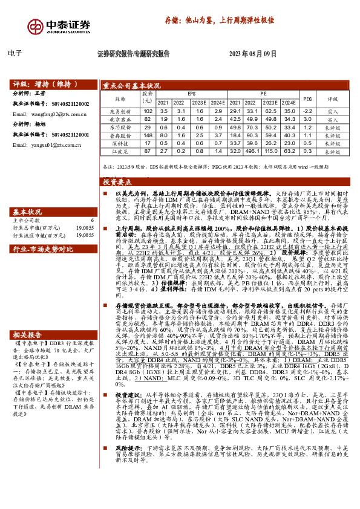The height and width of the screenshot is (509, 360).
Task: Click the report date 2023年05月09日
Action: tap(253, 54)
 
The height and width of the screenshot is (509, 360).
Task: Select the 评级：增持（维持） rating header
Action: tap(41, 85)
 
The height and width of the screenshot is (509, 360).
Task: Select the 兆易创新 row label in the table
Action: tap(120, 112)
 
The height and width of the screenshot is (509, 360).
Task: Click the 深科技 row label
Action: tap(120, 143)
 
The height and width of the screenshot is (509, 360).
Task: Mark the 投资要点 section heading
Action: tap(117, 181)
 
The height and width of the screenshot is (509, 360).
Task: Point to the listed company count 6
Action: tap(92, 220)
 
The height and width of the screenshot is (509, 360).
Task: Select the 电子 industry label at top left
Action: tap(16, 54)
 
